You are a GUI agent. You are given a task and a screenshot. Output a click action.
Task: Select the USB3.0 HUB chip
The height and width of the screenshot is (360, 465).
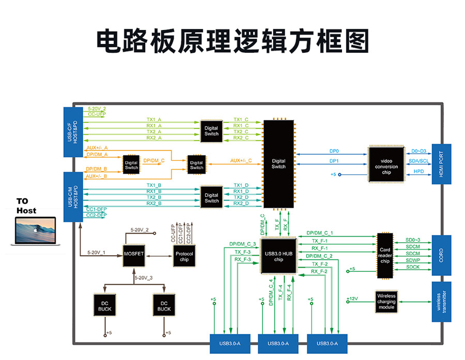(x=278, y=256)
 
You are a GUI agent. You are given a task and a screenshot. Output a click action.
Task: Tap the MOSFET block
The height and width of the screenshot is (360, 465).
(x=133, y=254)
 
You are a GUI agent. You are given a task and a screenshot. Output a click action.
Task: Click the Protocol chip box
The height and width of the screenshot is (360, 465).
(x=184, y=257)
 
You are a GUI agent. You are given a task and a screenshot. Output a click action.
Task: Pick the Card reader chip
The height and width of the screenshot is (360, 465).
(x=384, y=253)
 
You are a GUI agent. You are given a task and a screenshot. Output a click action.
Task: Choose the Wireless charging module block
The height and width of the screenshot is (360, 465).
(x=386, y=301)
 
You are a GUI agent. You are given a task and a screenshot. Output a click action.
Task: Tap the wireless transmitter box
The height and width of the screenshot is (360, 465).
(x=441, y=302)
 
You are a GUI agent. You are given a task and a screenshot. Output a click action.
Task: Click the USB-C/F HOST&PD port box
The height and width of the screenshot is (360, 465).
(x=73, y=132)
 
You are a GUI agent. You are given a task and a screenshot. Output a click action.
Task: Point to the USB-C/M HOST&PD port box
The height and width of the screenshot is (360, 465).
(x=73, y=197)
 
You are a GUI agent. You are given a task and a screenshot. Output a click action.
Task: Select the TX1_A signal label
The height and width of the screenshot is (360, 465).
(x=154, y=119)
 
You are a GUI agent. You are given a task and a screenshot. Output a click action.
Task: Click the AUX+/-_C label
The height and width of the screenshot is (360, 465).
(x=241, y=161)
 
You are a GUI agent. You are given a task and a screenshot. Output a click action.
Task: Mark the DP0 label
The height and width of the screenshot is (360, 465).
(x=334, y=151)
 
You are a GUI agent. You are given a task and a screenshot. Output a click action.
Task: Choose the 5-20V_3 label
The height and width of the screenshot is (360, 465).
(x=143, y=278)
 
